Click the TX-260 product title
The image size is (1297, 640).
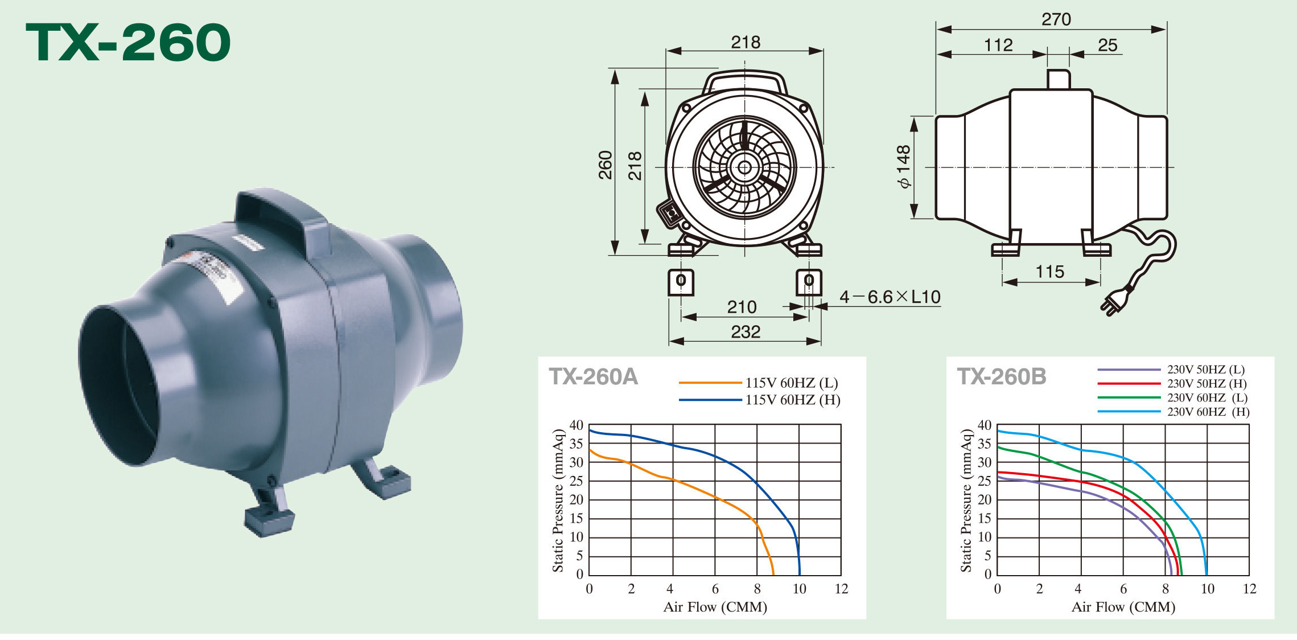pyautogui.click(x=128, y=43)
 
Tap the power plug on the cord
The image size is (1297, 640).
pyautogui.click(x=1116, y=301)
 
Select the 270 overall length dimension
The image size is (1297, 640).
pyautogui.click(x=1056, y=19)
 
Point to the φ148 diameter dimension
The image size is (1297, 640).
pyautogui.click(x=903, y=166)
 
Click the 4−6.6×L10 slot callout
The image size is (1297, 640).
pyautogui.click(x=890, y=297)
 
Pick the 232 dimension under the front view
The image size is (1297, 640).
pyautogui.click(x=746, y=331)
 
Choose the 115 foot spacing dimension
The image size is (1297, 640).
pyautogui.click(x=1050, y=272)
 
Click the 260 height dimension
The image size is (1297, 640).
pyautogui.click(x=606, y=165)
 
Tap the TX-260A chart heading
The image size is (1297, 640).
pyautogui.click(x=593, y=377)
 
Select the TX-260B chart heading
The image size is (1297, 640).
pyautogui.click(x=1002, y=377)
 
